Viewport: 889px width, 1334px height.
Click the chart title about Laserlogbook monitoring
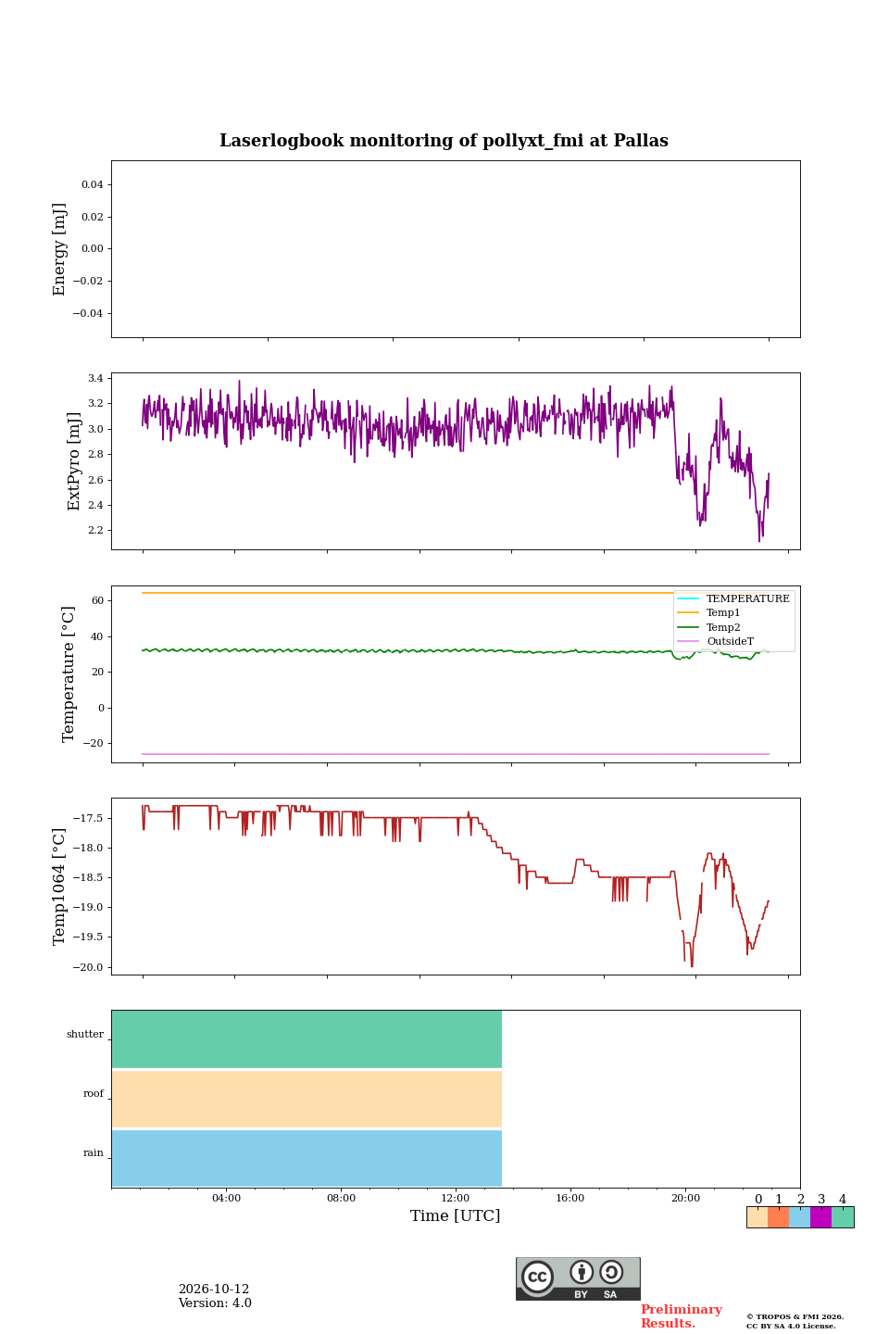click(444, 141)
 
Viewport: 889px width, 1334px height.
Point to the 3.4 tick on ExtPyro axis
click(95, 378)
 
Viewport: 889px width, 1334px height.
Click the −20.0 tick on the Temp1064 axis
click(88, 966)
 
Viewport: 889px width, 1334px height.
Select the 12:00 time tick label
click(456, 1198)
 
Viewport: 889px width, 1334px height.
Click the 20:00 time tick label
click(685, 1198)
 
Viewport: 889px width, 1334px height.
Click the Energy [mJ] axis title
click(59, 249)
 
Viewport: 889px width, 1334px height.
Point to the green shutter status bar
click(307, 1038)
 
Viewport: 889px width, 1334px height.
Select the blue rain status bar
click(307, 1158)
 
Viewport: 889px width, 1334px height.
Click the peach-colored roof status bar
click(307, 1099)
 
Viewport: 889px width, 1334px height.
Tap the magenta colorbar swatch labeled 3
click(820, 1217)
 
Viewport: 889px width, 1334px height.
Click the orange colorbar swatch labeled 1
click(778, 1217)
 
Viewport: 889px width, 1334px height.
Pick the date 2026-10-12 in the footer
click(214, 1289)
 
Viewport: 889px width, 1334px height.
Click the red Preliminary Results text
click(682, 1316)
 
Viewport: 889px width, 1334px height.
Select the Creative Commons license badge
click(578, 1278)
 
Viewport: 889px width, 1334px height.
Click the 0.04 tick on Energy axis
click(93, 184)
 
